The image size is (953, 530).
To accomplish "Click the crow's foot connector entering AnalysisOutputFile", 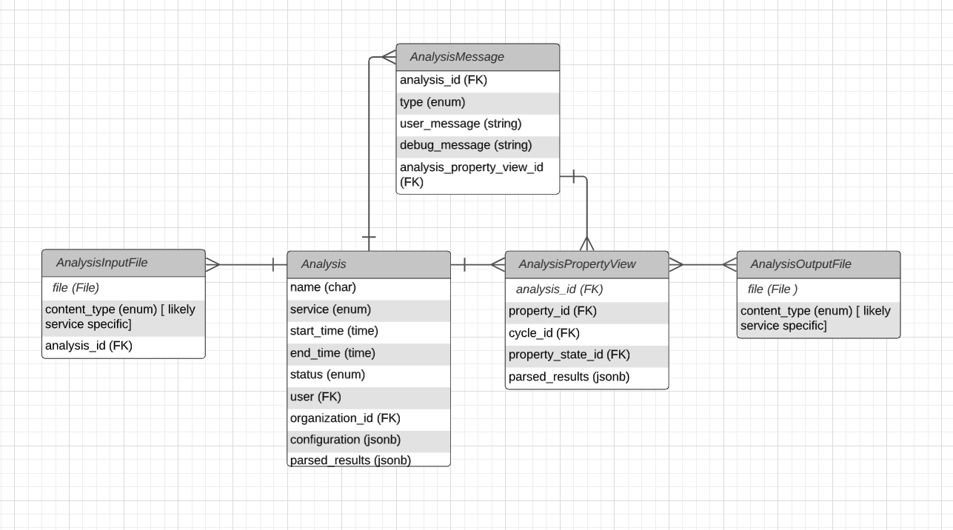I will click(x=729, y=264).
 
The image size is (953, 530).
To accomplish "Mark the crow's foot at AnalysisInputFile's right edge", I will click(x=213, y=264).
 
